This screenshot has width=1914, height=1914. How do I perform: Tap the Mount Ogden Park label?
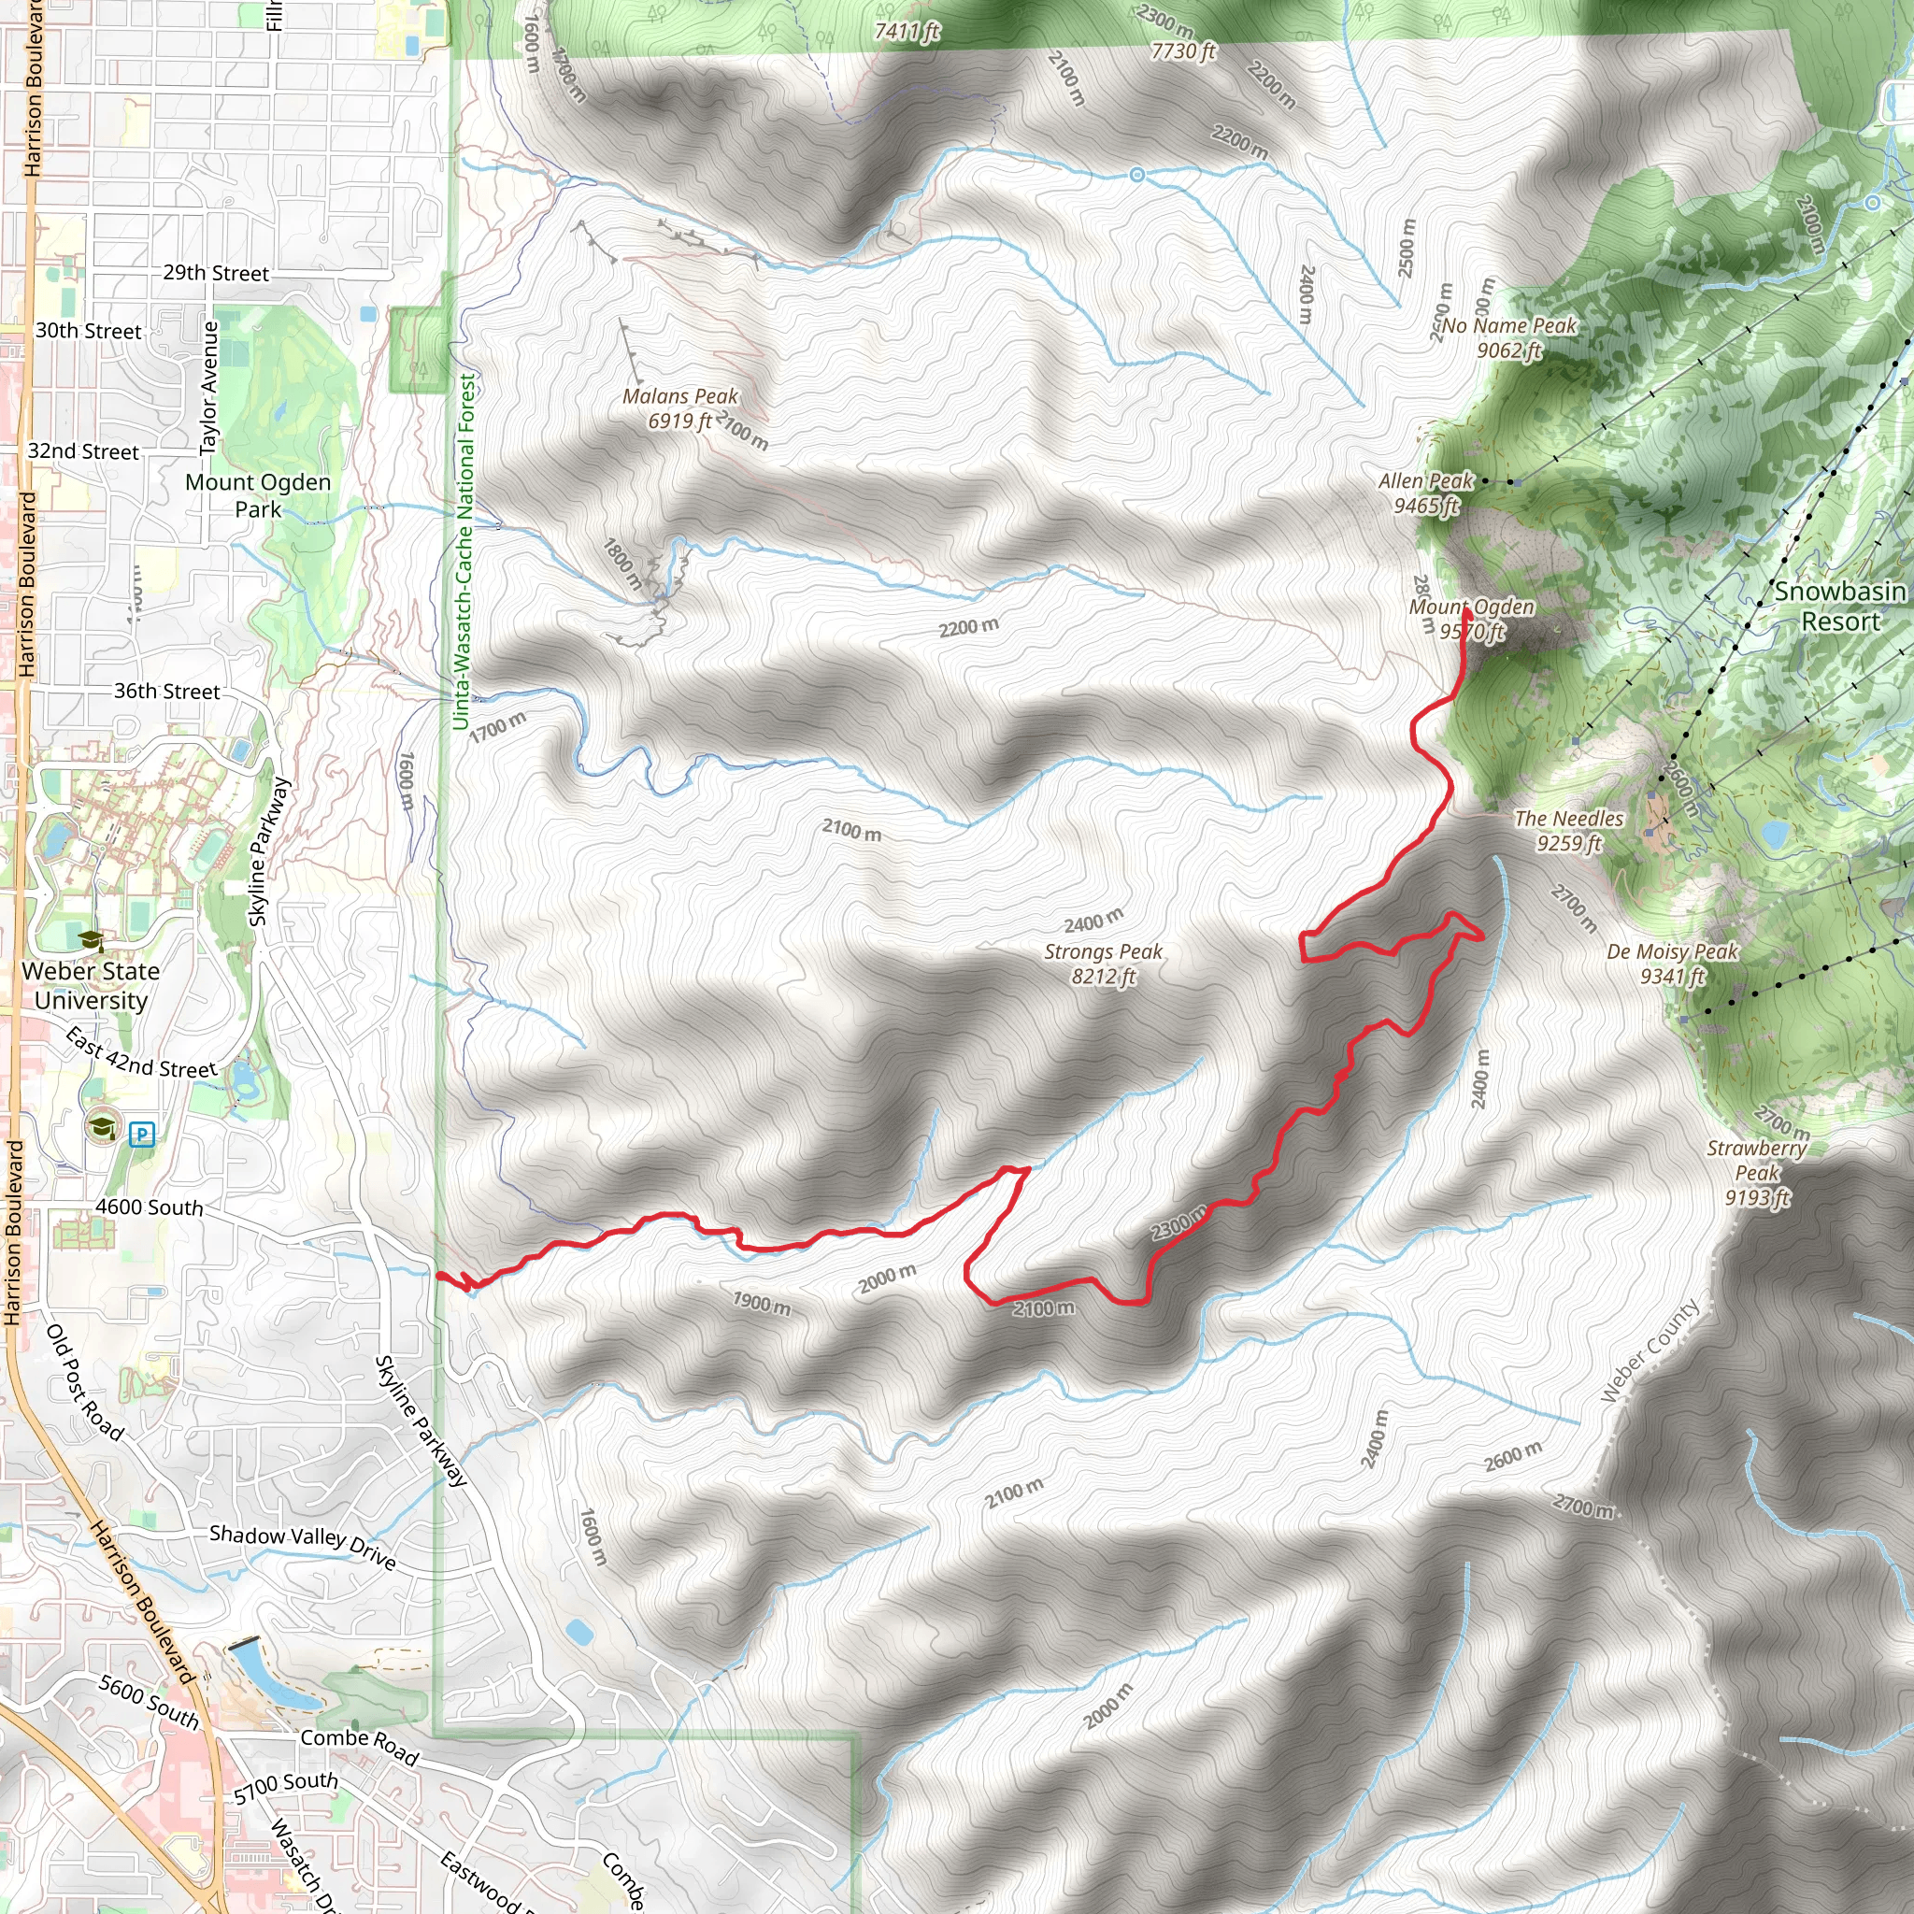[258, 495]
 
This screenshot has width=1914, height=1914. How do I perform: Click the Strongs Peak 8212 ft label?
[1103, 964]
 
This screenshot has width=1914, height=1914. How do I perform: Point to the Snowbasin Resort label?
[1839, 607]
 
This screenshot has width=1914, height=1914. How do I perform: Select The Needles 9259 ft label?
[1568, 830]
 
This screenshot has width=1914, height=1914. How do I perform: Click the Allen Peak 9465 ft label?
[1425, 493]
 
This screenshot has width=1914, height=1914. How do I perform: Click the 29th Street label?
[216, 274]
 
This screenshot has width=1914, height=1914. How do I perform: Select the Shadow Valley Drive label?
[302, 1547]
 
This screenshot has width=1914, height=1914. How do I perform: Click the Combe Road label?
[360, 1746]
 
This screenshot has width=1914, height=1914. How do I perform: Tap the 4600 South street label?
[150, 1207]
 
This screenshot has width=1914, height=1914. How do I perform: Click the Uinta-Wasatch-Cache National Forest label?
[464, 550]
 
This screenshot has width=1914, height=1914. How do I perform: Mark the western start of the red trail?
[439, 1276]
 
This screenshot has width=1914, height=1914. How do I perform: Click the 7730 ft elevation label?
[1183, 51]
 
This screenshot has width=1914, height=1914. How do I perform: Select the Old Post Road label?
[85, 1382]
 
